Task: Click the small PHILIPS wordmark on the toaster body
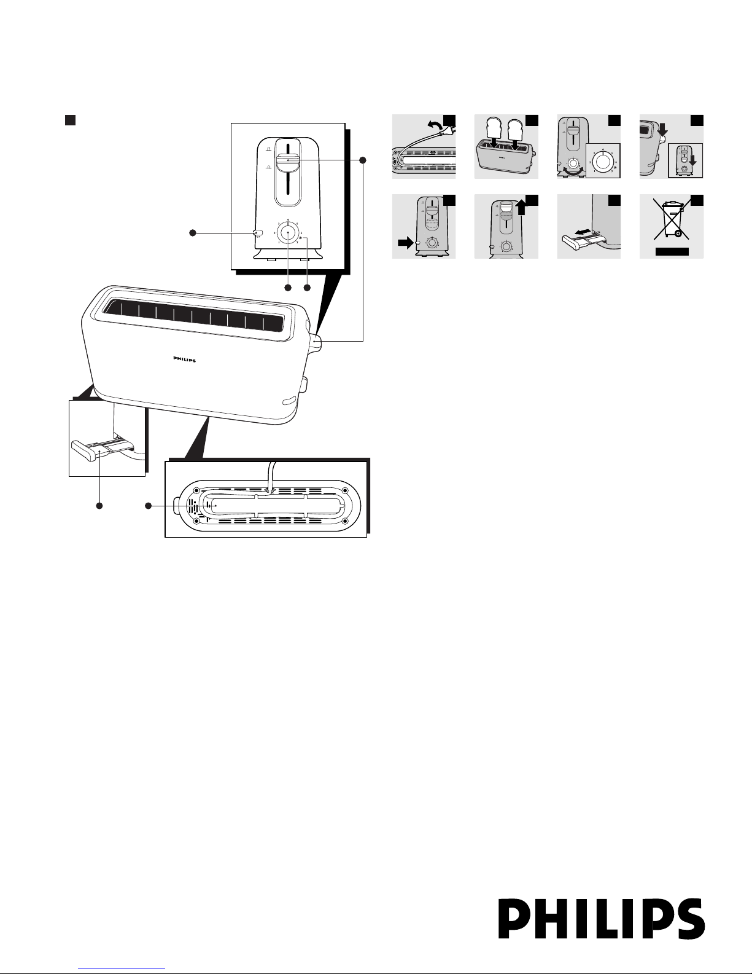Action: (182, 361)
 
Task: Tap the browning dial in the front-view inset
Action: (287, 234)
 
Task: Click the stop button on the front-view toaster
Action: (257, 233)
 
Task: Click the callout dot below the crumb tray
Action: (99, 506)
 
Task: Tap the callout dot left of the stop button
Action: (192, 233)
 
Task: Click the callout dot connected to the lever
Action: (363, 160)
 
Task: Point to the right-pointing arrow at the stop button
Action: (405, 243)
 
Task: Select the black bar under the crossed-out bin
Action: (671, 251)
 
